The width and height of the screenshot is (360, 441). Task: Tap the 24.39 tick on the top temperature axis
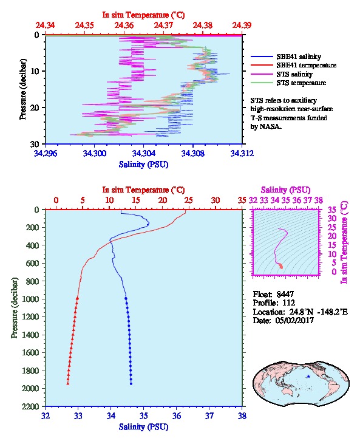pyautogui.click(x=242, y=25)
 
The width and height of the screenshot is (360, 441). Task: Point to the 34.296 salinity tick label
pyautogui.click(x=46, y=153)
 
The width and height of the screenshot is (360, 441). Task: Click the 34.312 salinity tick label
pyautogui.click(x=242, y=153)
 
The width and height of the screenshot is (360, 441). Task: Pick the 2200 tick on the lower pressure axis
pyautogui.click(x=30, y=406)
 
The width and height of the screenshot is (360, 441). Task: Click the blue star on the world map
pyautogui.click(x=308, y=377)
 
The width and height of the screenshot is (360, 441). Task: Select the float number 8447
pyautogui.click(x=285, y=294)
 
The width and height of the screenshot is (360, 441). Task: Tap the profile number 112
pyautogui.click(x=288, y=303)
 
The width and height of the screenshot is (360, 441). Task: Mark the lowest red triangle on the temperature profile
pyautogui.click(x=68, y=383)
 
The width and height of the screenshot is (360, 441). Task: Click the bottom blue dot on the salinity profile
pyautogui.click(x=131, y=383)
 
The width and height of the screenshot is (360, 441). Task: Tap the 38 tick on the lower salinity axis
pyautogui.click(x=242, y=415)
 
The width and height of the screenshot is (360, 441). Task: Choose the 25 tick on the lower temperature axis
pyautogui.click(x=189, y=200)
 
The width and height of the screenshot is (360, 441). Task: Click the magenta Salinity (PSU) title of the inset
pyautogui.click(x=285, y=190)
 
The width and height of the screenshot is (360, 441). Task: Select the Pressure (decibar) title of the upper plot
pyautogui.click(x=22, y=89)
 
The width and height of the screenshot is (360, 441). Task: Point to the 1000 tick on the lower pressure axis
pyautogui.click(x=30, y=299)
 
